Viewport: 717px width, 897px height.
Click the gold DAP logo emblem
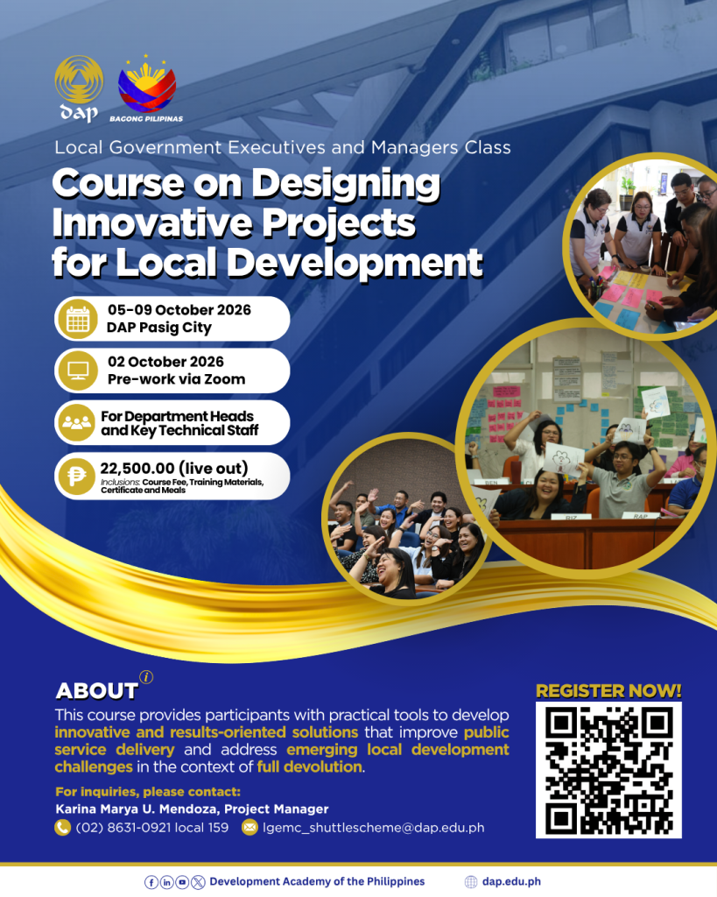pos(79,80)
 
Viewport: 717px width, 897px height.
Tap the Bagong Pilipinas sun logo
pos(147,84)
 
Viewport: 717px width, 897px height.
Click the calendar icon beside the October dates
pos(78,319)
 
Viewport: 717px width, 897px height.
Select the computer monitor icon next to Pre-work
pos(78,371)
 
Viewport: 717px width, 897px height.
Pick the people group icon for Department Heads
pos(77,423)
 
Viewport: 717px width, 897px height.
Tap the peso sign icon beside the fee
pos(77,476)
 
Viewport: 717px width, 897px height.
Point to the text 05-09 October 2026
pos(179,310)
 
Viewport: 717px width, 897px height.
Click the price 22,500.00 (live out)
pos(174,469)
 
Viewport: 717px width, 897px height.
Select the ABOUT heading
pos(96,691)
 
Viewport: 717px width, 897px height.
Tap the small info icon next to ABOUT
pos(146,677)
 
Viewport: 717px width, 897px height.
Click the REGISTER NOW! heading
pos(608,691)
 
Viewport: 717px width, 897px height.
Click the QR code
pos(608,770)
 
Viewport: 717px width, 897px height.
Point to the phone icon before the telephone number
pos(62,827)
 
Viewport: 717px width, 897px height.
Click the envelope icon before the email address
pos(250,827)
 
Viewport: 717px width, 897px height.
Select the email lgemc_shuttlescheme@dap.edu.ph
pos(373,828)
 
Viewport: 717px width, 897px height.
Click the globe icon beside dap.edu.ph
pos(471,882)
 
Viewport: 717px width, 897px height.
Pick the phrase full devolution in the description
pos(309,766)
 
